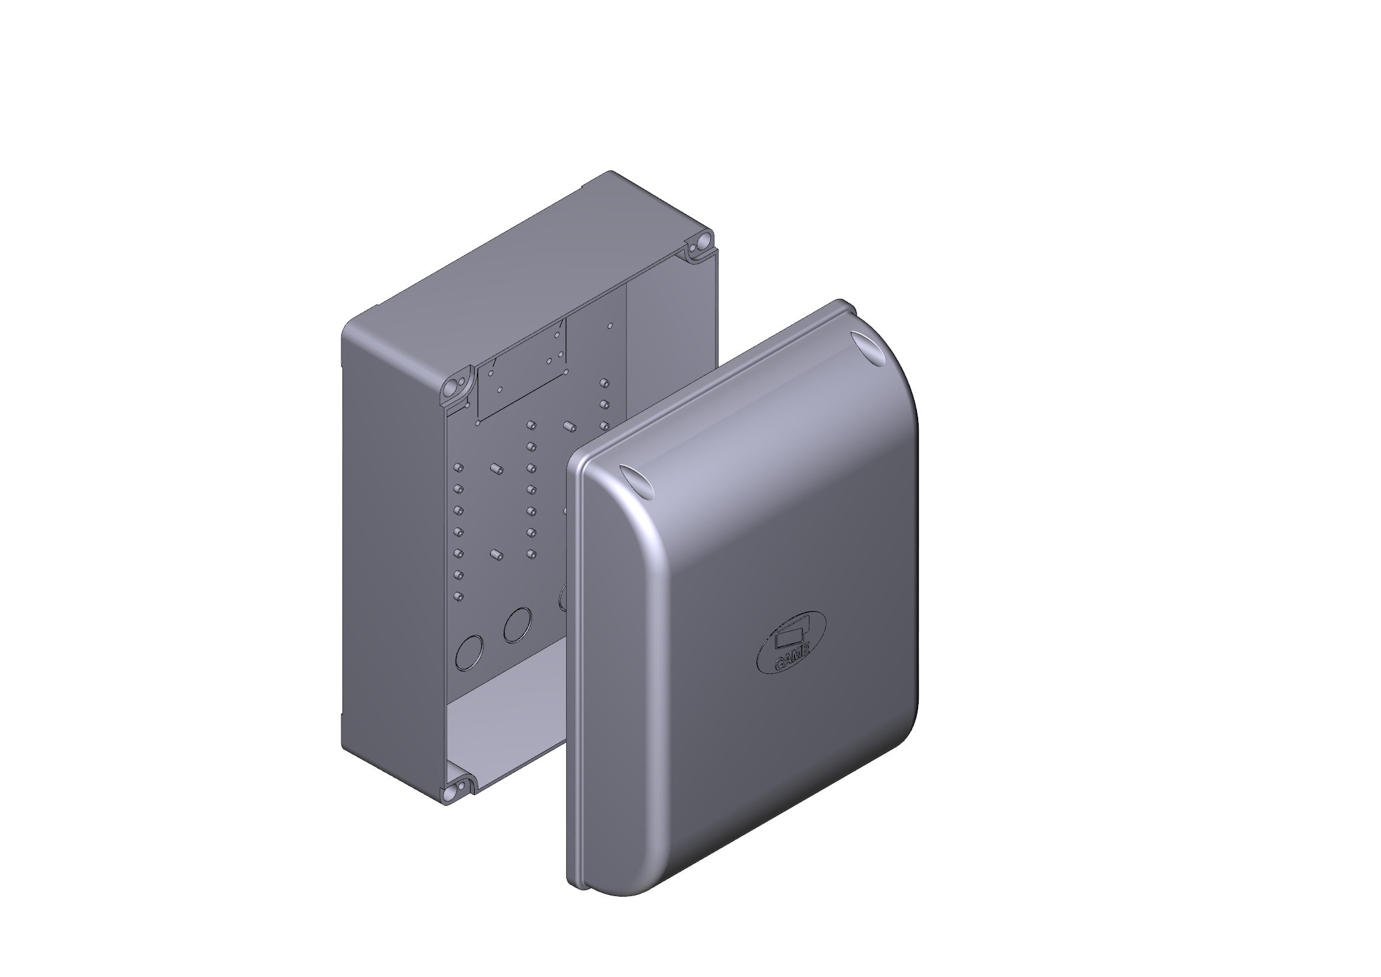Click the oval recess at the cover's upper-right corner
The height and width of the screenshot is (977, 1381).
[x=868, y=347]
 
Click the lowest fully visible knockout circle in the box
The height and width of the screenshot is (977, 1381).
[x=470, y=653]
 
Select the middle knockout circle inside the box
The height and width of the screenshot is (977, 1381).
[x=518, y=625]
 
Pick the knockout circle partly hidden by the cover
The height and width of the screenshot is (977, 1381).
[x=563, y=597]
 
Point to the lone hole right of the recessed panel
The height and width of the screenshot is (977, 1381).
[x=610, y=325]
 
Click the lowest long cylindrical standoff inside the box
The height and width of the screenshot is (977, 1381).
[x=495, y=553]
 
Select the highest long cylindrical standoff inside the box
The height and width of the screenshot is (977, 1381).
[x=569, y=426]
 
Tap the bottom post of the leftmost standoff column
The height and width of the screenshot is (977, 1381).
[x=458, y=596]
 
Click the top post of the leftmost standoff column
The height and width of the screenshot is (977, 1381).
[x=458, y=467]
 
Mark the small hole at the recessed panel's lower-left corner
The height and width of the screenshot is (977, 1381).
[x=478, y=424]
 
